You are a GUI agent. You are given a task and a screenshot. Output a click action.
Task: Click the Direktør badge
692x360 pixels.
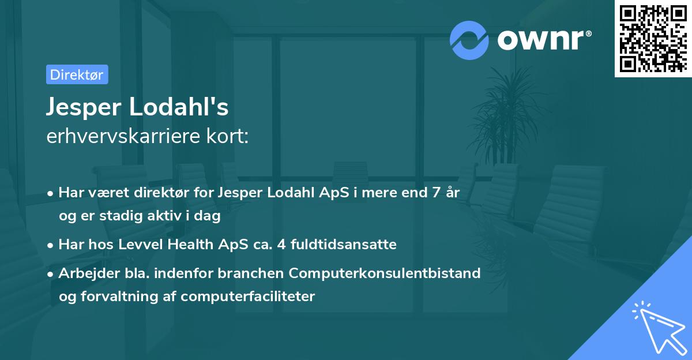tap(77, 74)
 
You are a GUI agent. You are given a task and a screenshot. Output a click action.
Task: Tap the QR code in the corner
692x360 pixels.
tap(653, 39)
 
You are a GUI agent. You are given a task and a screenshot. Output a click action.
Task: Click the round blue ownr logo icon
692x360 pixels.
tap(469, 40)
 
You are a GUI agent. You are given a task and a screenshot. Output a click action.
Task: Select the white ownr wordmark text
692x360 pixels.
tap(543, 40)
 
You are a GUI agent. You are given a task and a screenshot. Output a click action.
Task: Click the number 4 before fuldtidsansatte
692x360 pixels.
tap(280, 245)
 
